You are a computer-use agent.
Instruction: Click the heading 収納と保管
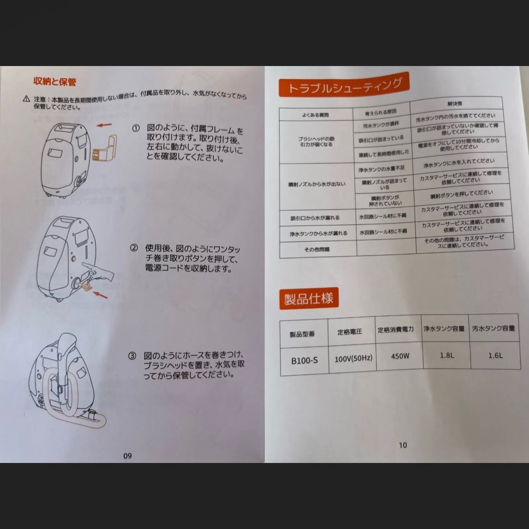click(x=55, y=82)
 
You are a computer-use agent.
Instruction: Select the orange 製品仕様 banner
click(x=309, y=298)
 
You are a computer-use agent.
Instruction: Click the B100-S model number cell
click(x=304, y=360)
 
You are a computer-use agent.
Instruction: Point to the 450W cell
click(x=400, y=356)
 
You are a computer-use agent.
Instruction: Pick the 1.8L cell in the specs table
click(x=447, y=355)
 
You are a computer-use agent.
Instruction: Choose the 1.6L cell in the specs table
click(x=495, y=355)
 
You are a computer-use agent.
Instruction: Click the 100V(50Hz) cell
click(x=353, y=358)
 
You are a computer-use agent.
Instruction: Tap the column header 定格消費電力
click(x=396, y=329)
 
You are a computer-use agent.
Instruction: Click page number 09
click(x=128, y=456)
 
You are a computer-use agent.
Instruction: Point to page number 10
click(x=403, y=445)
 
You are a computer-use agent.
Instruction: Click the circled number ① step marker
click(x=136, y=128)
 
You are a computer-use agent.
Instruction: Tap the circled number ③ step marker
click(x=132, y=356)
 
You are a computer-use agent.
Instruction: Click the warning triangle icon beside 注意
click(x=27, y=99)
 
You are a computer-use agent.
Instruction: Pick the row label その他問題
click(x=317, y=249)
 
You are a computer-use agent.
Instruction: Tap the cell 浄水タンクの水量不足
click(x=381, y=169)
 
